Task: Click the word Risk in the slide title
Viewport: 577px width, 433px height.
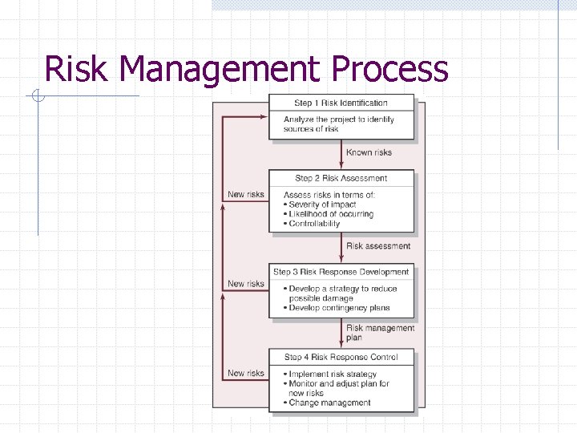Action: [77, 69]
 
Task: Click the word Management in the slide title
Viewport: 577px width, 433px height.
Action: [220, 71]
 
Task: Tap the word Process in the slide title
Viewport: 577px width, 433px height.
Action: [389, 69]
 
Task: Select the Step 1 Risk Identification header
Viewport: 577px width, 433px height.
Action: [341, 103]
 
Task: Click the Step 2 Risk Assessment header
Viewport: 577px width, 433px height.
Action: [341, 178]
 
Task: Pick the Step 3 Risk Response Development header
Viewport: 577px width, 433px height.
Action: [341, 272]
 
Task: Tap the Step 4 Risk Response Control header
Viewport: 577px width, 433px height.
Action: [341, 357]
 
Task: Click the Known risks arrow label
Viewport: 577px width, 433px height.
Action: [369, 152]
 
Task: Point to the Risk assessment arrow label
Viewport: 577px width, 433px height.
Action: [378, 246]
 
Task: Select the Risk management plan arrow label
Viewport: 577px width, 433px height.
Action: [380, 332]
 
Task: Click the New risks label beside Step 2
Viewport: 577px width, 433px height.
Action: [246, 194]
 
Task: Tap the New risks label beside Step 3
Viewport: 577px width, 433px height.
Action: [246, 283]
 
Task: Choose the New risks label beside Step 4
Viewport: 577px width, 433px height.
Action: [246, 373]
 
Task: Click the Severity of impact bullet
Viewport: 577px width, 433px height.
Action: [322, 204]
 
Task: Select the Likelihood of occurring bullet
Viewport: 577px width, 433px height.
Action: [330, 214]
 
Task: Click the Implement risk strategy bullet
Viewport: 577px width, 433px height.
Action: [332, 374]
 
